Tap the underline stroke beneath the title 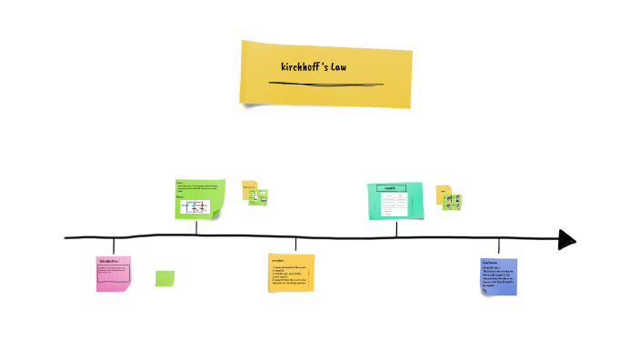click(x=325, y=84)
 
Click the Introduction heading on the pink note click(x=109, y=261)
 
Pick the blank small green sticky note click(x=165, y=278)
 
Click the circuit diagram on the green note click(x=197, y=207)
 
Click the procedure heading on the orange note click(x=278, y=260)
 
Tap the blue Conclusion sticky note click(x=498, y=276)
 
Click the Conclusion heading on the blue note click(x=491, y=262)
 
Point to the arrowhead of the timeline click(x=567, y=239)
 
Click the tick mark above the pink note click(x=114, y=245)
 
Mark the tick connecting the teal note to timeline click(x=396, y=228)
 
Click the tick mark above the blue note click(x=498, y=246)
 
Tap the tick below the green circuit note click(x=196, y=228)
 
